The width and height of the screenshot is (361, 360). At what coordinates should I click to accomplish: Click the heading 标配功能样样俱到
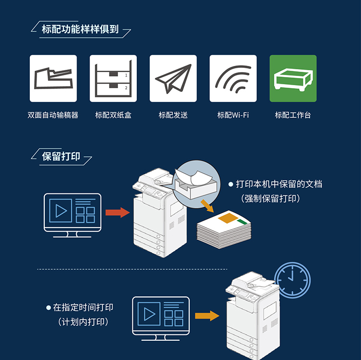coord(80,29)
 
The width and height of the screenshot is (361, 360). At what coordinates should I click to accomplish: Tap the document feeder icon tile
coord(53,78)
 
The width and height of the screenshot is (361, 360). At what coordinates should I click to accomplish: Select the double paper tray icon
coord(113,78)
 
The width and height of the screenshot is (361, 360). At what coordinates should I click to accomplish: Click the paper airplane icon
coord(173,78)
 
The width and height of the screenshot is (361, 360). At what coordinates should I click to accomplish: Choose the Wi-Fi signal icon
coord(233,78)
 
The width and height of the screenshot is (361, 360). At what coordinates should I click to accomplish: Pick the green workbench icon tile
coord(293,78)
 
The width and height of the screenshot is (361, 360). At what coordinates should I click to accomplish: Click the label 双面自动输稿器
coord(53,115)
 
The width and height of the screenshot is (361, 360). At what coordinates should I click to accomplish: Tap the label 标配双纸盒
coord(113,115)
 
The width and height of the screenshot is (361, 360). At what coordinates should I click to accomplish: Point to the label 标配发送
coord(173,115)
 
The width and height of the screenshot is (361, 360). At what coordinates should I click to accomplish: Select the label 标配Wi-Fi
coord(233,115)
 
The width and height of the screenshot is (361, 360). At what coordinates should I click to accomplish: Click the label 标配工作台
coord(293,115)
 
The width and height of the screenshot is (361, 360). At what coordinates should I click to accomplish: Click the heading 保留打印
coord(61,156)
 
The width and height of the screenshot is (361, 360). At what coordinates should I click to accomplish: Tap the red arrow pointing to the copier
coord(117,212)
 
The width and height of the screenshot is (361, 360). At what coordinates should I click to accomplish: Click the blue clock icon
coord(292,280)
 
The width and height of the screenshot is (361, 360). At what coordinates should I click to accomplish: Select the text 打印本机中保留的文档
coord(279,184)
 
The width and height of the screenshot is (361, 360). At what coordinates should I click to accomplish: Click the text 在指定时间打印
coord(83,308)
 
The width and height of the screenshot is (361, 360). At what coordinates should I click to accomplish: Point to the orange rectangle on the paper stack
coord(228,218)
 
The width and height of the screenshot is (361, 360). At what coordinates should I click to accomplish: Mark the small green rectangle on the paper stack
coord(242,221)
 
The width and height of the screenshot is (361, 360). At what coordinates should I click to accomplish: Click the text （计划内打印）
coord(83,322)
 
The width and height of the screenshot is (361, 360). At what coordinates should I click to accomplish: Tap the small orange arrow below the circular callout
coord(207,206)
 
